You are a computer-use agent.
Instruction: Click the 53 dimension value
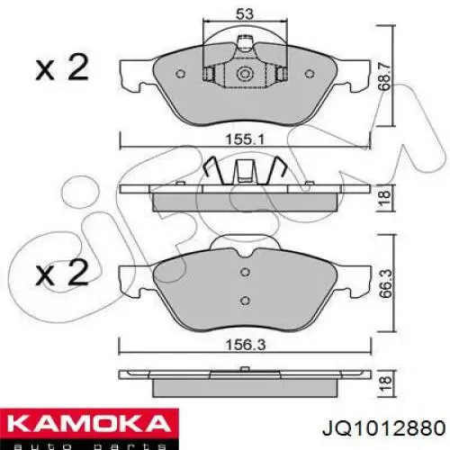[245, 14]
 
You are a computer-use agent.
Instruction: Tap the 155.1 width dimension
[245, 139]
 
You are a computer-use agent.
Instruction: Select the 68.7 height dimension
[385, 76]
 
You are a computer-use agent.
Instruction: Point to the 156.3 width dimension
[246, 345]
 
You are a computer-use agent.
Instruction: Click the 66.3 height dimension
[385, 283]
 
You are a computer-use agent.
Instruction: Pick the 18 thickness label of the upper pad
[385, 198]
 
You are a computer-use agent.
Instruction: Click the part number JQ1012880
[383, 427]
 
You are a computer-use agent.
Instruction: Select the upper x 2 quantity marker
[62, 68]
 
